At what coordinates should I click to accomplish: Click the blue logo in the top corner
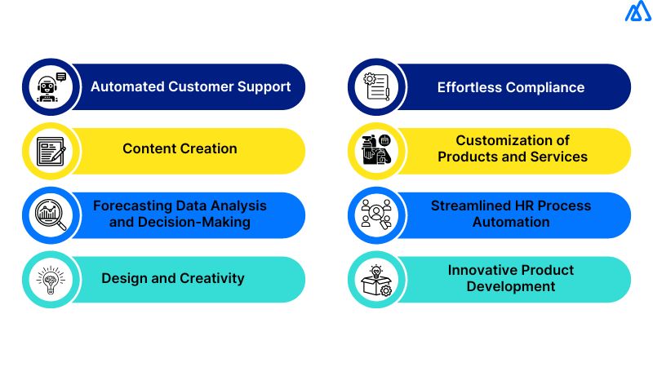click(x=637, y=12)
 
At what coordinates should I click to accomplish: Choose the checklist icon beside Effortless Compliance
click(x=377, y=86)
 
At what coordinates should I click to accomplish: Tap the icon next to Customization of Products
click(x=377, y=150)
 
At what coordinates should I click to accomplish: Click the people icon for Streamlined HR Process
click(x=377, y=214)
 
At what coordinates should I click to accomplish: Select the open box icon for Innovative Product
click(x=377, y=279)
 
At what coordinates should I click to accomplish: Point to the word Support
click(x=264, y=86)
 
